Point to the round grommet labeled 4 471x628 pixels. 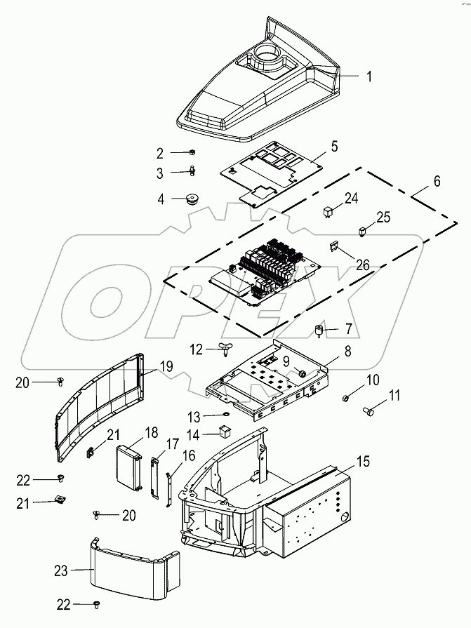coord(190,199)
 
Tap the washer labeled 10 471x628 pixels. coord(346,399)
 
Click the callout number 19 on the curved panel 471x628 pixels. coord(165,365)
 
